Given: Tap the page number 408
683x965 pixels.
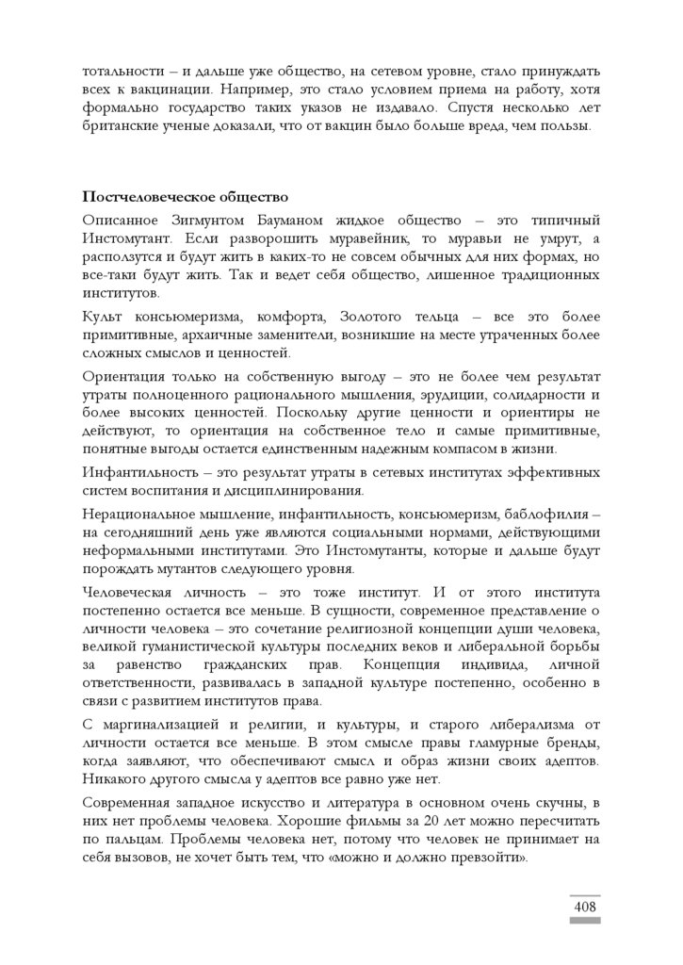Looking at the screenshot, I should click(584, 906).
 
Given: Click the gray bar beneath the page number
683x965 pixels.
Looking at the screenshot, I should click(584, 921).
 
